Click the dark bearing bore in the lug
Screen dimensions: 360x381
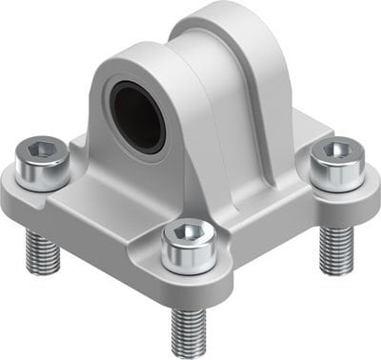[x=139, y=115]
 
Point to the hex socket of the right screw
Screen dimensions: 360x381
[x=333, y=149]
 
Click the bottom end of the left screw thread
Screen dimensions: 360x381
[x=43, y=270]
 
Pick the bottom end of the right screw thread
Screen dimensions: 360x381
[x=336, y=270]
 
